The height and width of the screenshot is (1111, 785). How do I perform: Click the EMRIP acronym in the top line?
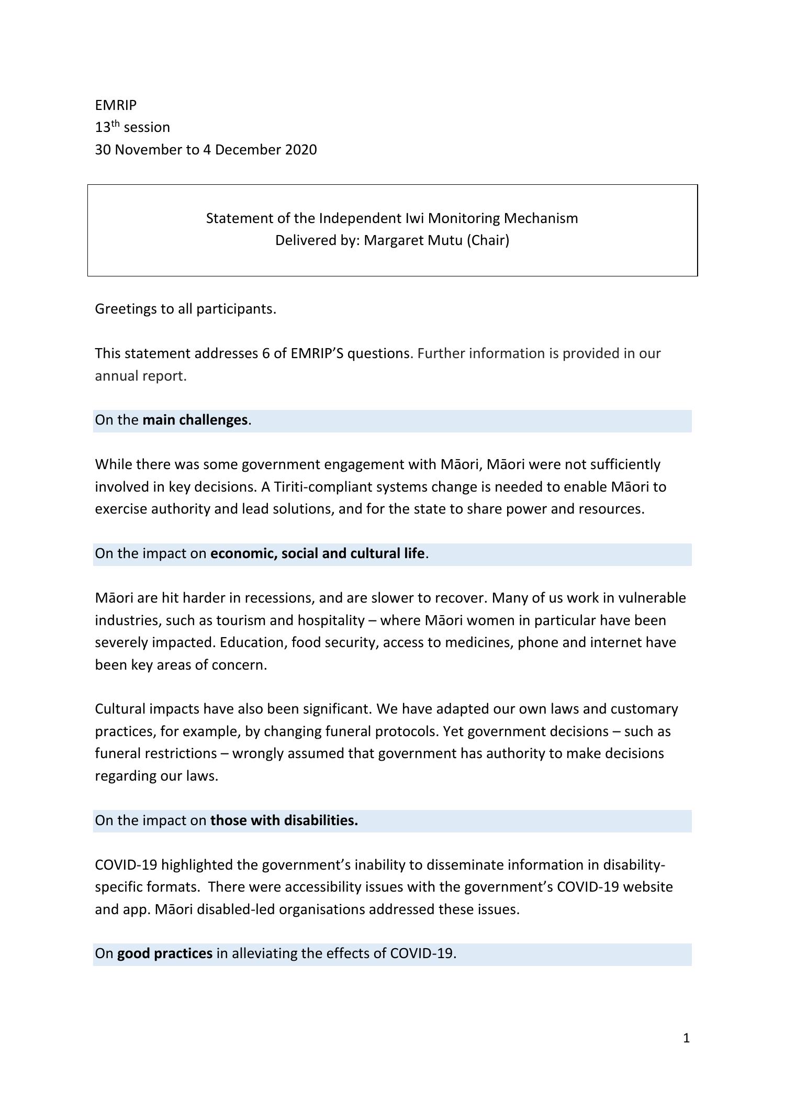coord(116,105)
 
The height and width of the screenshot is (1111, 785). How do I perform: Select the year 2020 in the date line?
coord(301,150)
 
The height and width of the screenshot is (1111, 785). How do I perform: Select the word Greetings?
coord(126,309)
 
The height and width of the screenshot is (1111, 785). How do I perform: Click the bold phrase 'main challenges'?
coord(195,420)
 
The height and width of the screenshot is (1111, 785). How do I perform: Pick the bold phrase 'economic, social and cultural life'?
coord(317,553)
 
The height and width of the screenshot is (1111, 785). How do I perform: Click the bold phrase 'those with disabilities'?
coord(284,820)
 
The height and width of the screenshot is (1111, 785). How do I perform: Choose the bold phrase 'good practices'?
coord(165,953)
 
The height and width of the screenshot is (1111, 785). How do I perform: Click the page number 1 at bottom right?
coord(687,1038)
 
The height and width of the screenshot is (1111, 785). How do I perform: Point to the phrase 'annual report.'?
coord(140,376)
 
